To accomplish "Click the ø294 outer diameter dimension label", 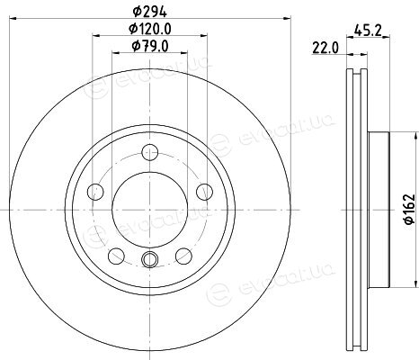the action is click(149, 12).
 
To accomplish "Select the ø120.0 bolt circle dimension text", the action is click(150, 29).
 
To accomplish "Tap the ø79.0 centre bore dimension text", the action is click(150, 46).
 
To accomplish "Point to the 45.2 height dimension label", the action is click(368, 30).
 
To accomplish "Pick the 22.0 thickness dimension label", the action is click(325, 48).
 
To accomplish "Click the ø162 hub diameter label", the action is click(409, 209).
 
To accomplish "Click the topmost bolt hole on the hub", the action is click(150, 152).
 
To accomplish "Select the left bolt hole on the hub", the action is click(95, 192).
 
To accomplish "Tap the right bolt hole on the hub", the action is click(204, 192).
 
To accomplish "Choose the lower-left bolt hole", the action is click(116, 256).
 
